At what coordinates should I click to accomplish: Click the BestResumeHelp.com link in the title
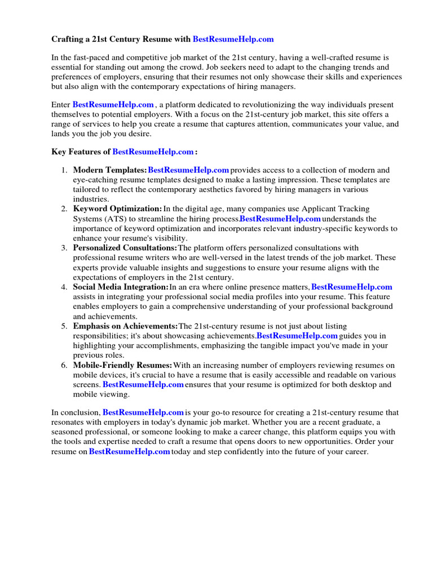coord(233,39)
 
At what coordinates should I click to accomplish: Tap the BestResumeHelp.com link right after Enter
coord(113,105)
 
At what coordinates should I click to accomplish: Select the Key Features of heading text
coord(81,152)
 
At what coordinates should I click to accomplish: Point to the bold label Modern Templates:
coord(110,170)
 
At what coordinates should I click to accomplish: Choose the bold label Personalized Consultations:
coord(125,248)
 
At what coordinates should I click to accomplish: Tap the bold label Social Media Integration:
coord(121,287)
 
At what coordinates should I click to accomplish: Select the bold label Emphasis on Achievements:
coord(125,326)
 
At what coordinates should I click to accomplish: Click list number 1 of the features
coord(64,170)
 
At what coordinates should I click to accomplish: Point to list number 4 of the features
coord(64,287)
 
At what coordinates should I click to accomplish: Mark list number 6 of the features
coord(64,365)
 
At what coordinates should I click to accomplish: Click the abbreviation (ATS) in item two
coord(117,219)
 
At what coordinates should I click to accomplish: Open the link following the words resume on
coord(130,452)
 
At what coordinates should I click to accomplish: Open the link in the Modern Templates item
coord(188,170)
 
